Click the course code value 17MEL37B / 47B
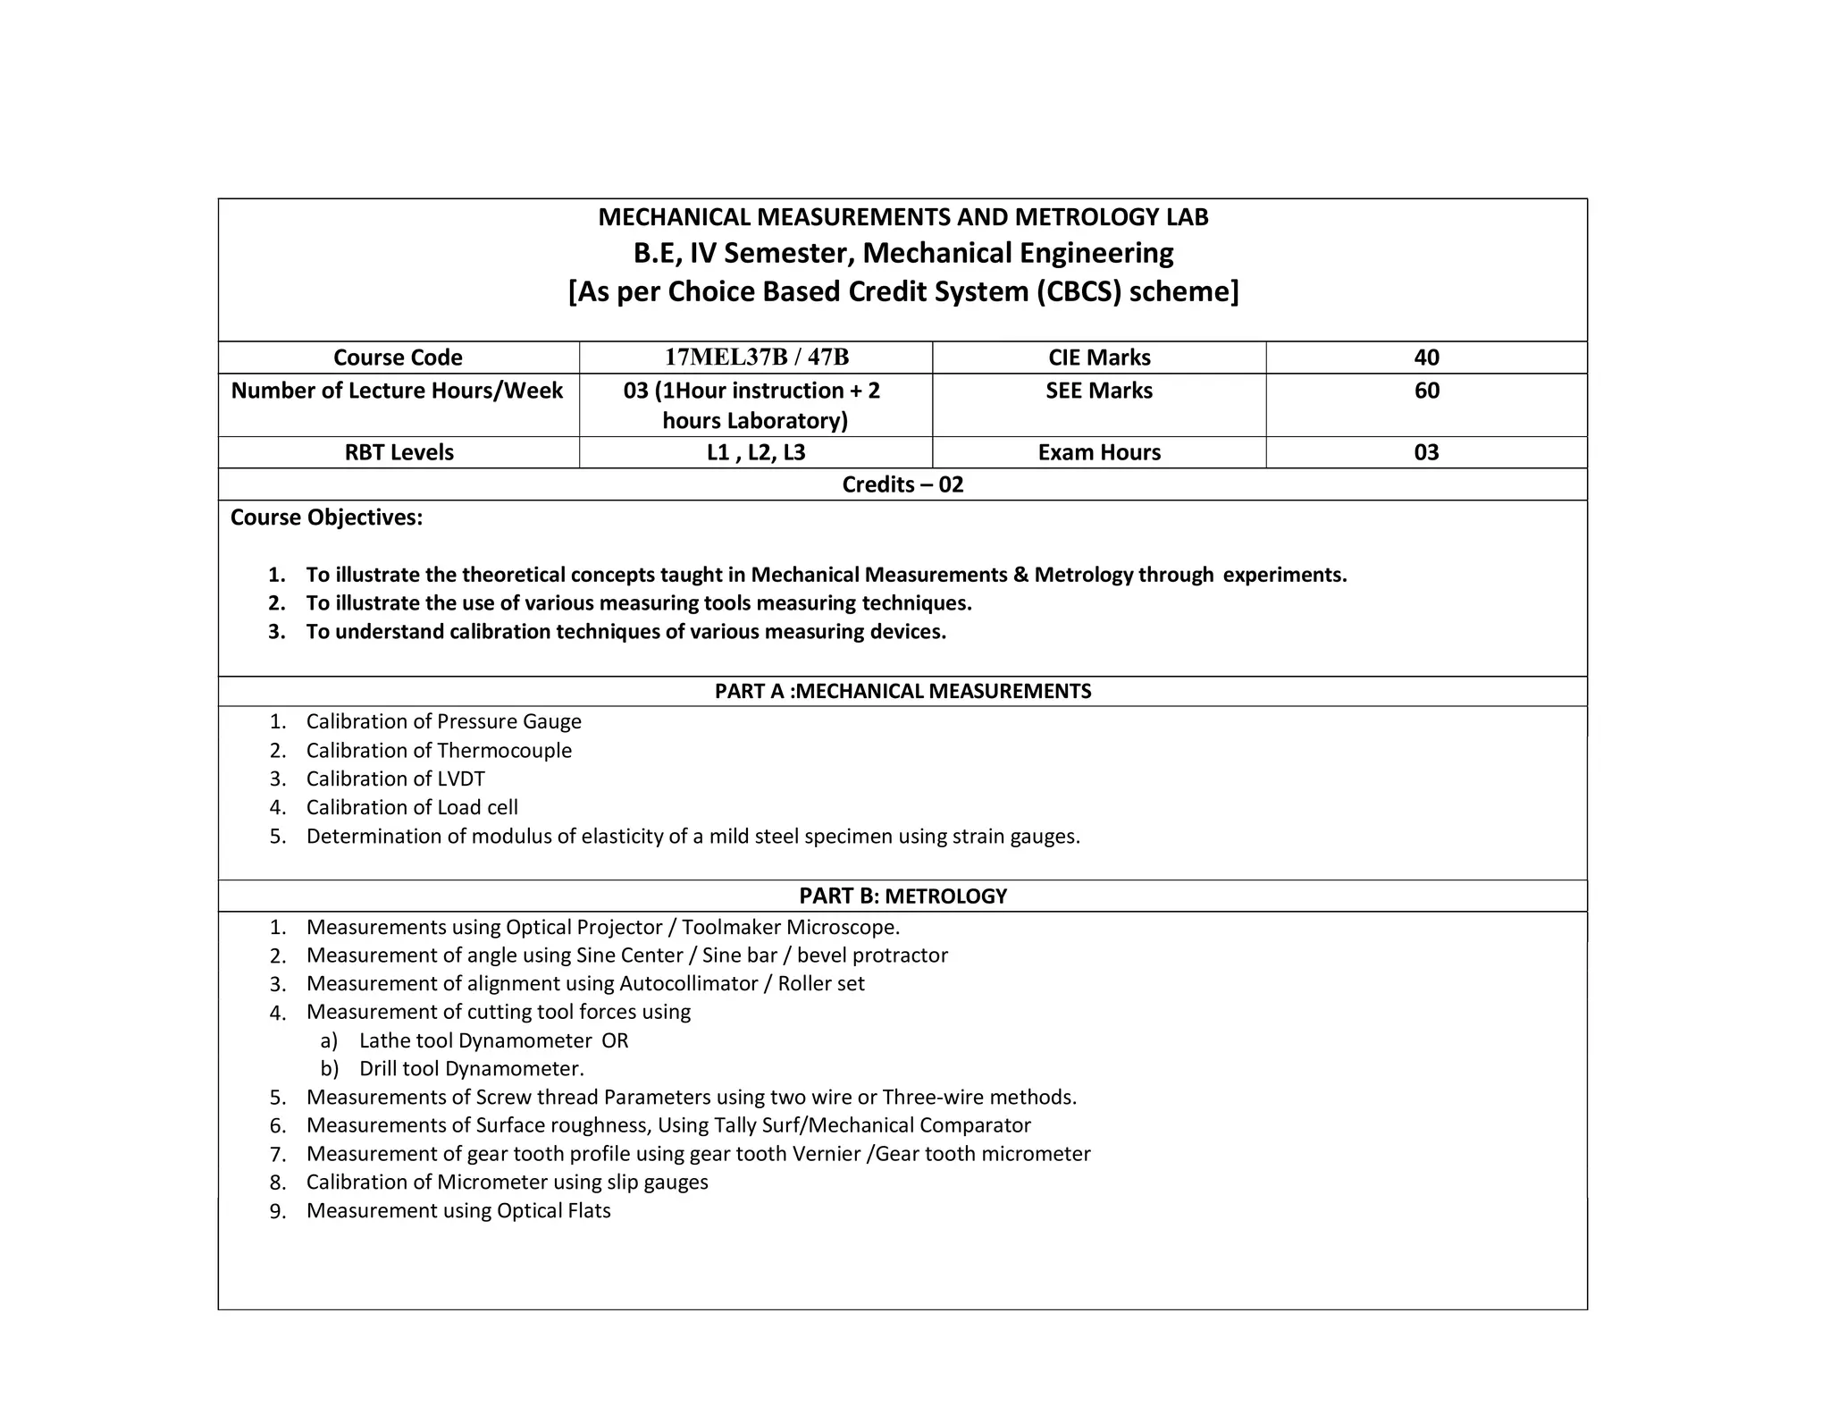pyautogui.click(x=756, y=358)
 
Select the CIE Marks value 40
pyautogui.click(x=1426, y=358)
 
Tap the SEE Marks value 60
pyautogui.click(x=1426, y=391)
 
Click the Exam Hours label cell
pyautogui.click(x=1099, y=452)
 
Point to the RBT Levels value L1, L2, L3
pyautogui.click(x=756, y=452)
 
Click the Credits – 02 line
pyautogui.click(x=902, y=484)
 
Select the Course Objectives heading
pyautogui.click(x=326, y=518)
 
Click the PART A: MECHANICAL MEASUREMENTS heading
pyautogui.click(x=902, y=691)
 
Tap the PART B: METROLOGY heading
pyautogui.click(x=902, y=896)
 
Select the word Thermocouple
pyautogui.click(x=504, y=750)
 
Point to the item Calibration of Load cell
pyautogui.click(x=412, y=807)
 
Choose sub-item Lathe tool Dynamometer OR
pyautogui.click(x=493, y=1040)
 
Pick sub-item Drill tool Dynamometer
pyautogui.click(x=471, y=1068)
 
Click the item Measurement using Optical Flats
pyautogui.click(x=458, y=1210)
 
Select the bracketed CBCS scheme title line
pyautogui.click(x=902, y=291)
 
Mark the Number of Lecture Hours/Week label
pyautogui.click(x=397, y=391)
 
